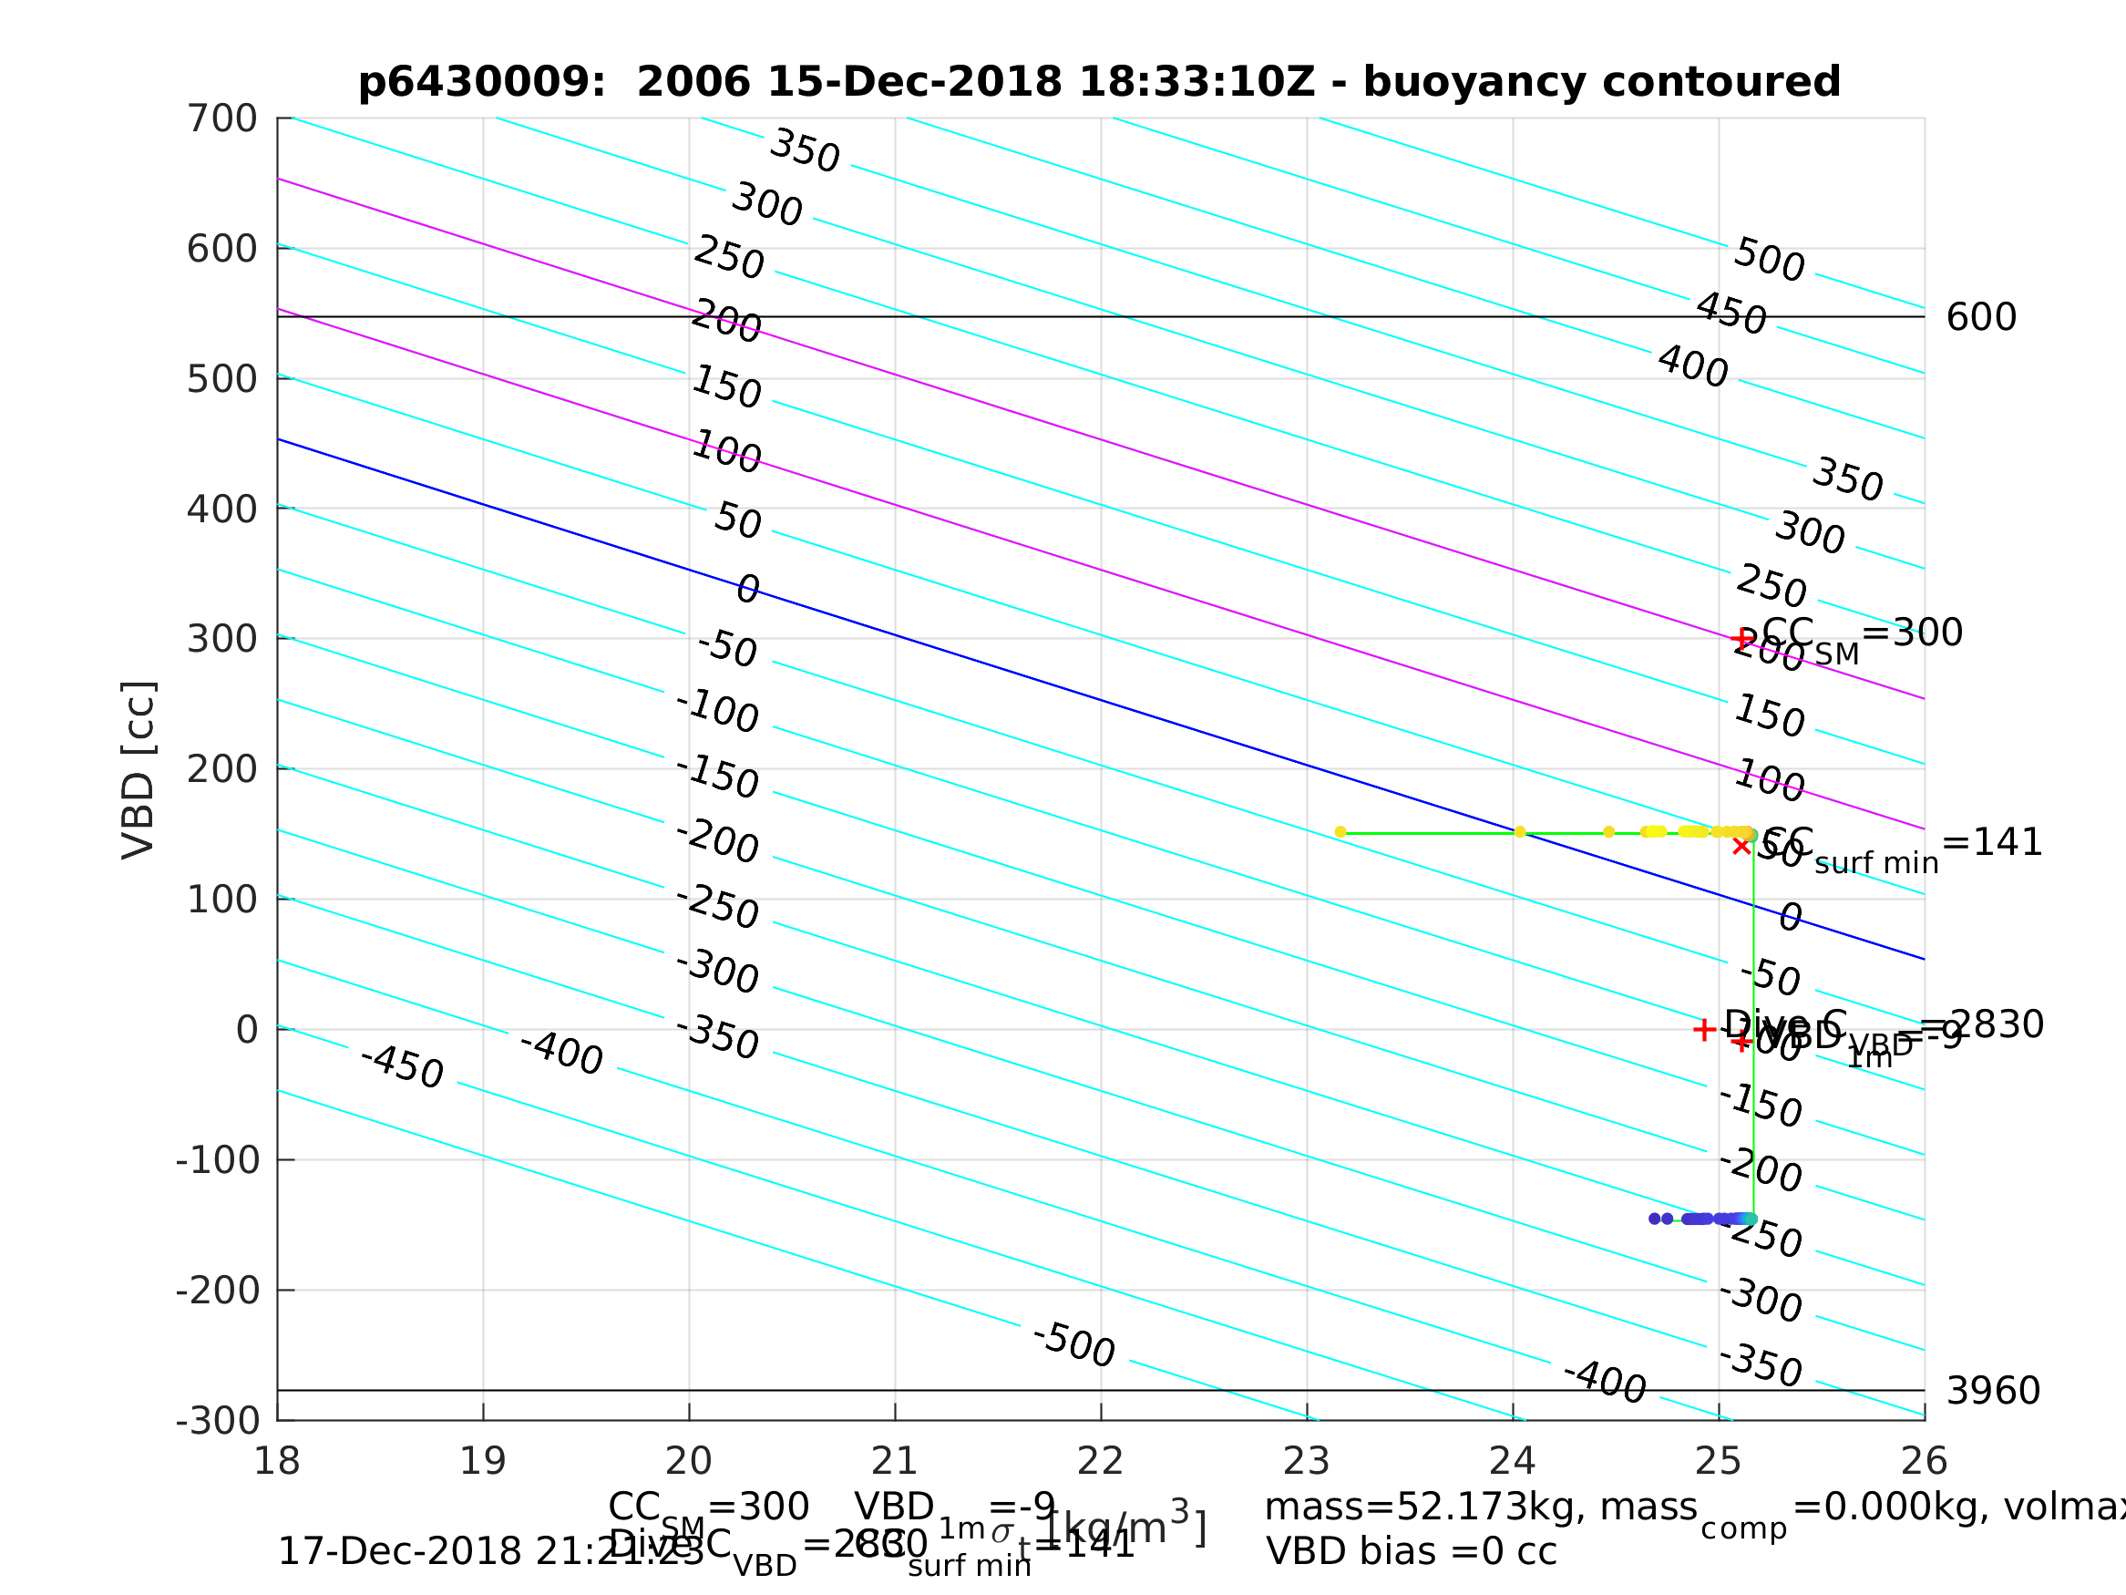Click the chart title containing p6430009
[1100, 83]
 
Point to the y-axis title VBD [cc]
[139, 770]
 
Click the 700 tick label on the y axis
[222, 119]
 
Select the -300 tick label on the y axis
[218, 1421]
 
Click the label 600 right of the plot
[1981, 318]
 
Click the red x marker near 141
[1741, 846]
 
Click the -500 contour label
[1073, 1345]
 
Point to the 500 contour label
[1770, 261]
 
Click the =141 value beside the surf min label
[1991, 843]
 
